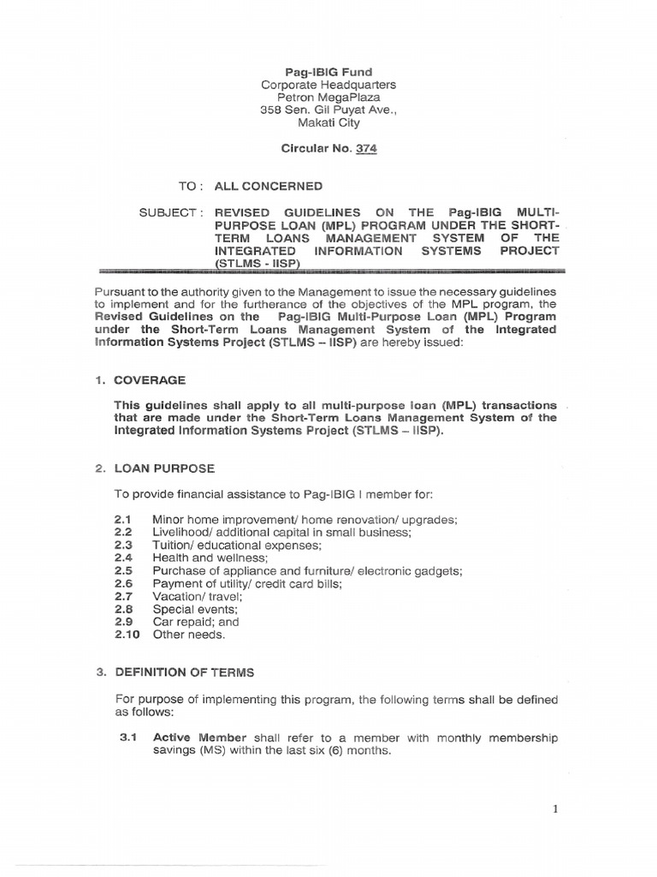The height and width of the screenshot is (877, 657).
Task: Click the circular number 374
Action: tap(364, 148)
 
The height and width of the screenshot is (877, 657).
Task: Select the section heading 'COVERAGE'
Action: tap(150, 379)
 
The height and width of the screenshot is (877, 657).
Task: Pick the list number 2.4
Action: tap(122, 557)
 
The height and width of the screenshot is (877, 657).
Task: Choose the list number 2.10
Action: tap(126, 635)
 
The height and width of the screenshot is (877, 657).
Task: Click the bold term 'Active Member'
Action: tap(199, 737)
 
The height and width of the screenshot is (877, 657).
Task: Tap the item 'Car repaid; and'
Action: tap(195, 622)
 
